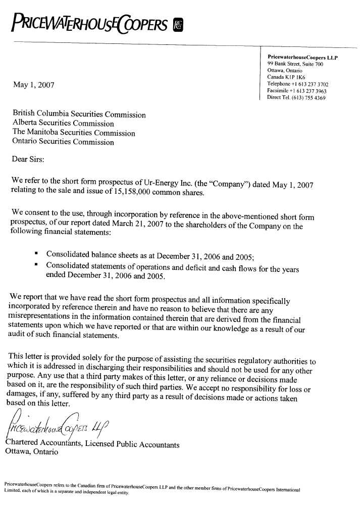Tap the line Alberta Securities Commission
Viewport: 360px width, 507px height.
click(x=63, y=123)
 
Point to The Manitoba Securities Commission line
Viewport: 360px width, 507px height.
click(x=74, y=133)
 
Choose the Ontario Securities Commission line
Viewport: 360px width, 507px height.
click(x=63, y=142)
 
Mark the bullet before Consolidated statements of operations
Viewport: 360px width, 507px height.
click(x=37, y=264)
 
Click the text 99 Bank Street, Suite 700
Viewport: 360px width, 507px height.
click(x=295, y=65)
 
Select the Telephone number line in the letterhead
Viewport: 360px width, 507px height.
click(x=298, y=84)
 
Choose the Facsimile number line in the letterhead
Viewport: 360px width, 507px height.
click(x=297, y=91)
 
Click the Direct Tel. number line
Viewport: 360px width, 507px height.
click(x=296, y=97)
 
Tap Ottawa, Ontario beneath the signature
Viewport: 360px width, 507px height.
click(x=31, y=452)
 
